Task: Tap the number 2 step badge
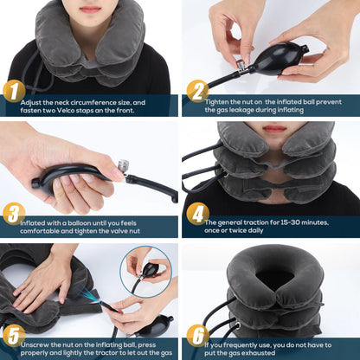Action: click(197, 91)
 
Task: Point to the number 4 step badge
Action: click(197, 213)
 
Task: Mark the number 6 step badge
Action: click(197, 334)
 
